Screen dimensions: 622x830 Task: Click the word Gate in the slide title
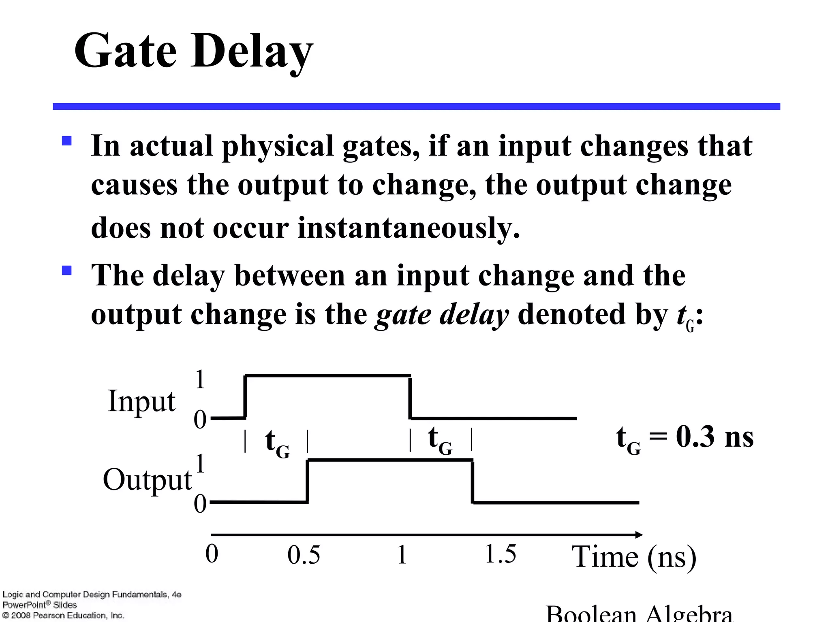[x=125, y=52]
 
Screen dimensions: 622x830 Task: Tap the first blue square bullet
[x=66, y=141]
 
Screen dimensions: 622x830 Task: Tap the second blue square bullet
[x=66, y=270]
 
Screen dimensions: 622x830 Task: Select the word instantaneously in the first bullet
[x=408, y=228]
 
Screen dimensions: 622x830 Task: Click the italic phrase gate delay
[x=441, y=314]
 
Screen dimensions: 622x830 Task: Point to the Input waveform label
[x=141, y=401]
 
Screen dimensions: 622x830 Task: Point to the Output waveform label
[x=147, y=479]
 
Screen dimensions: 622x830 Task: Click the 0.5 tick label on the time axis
[x=304, y=555]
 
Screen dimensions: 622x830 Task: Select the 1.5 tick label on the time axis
[x=501, y=554]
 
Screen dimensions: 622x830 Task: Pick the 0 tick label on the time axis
[x=212, y=554]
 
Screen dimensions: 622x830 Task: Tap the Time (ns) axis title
[x=634, y=557]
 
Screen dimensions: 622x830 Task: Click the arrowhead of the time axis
[x=638, y=535]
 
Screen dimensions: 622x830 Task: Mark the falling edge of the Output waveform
[x=473, y=481]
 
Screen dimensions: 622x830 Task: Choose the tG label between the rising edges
[x=277, y=442]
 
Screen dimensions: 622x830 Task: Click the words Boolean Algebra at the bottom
[x=639, y=615]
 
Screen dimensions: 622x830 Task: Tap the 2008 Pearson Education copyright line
[x=63, y=616]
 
